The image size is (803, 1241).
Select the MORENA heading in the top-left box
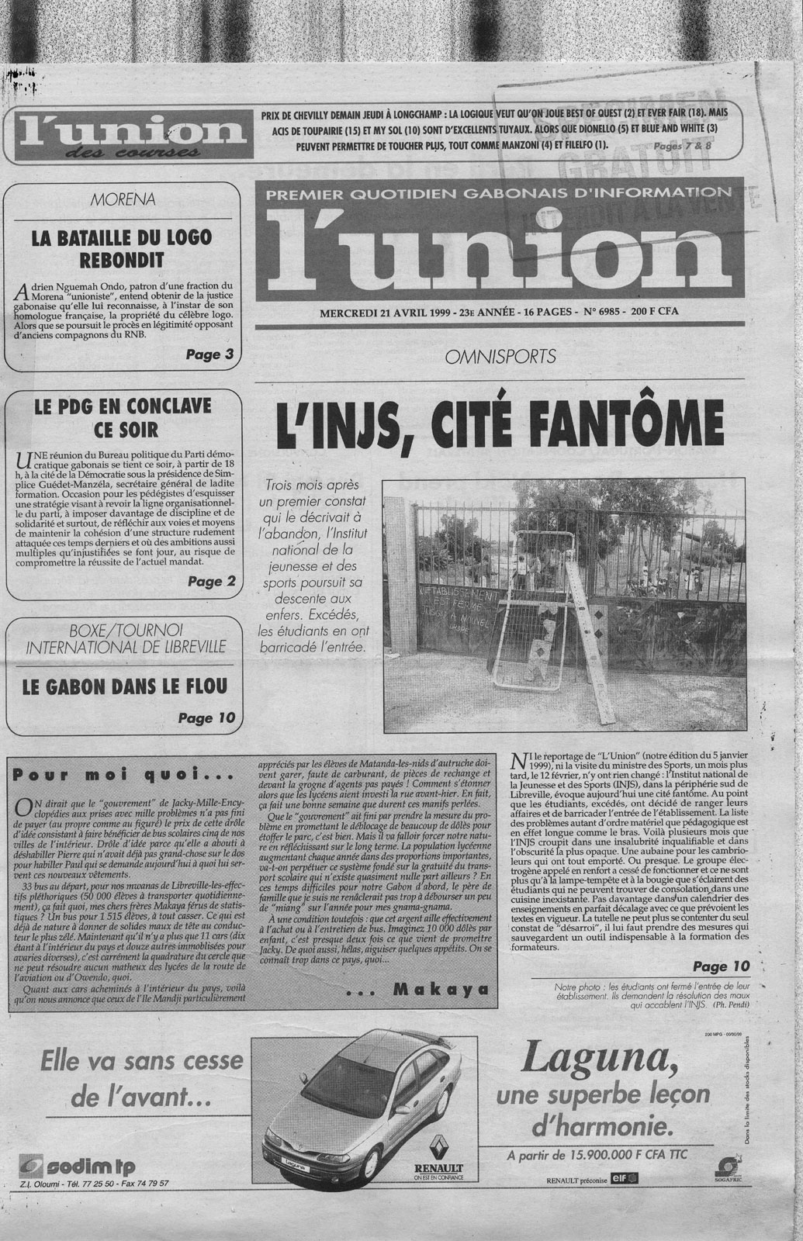(123, 199)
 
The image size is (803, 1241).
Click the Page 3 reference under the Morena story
(210, 355)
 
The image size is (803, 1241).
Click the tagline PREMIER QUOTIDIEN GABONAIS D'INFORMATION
(497, 192)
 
